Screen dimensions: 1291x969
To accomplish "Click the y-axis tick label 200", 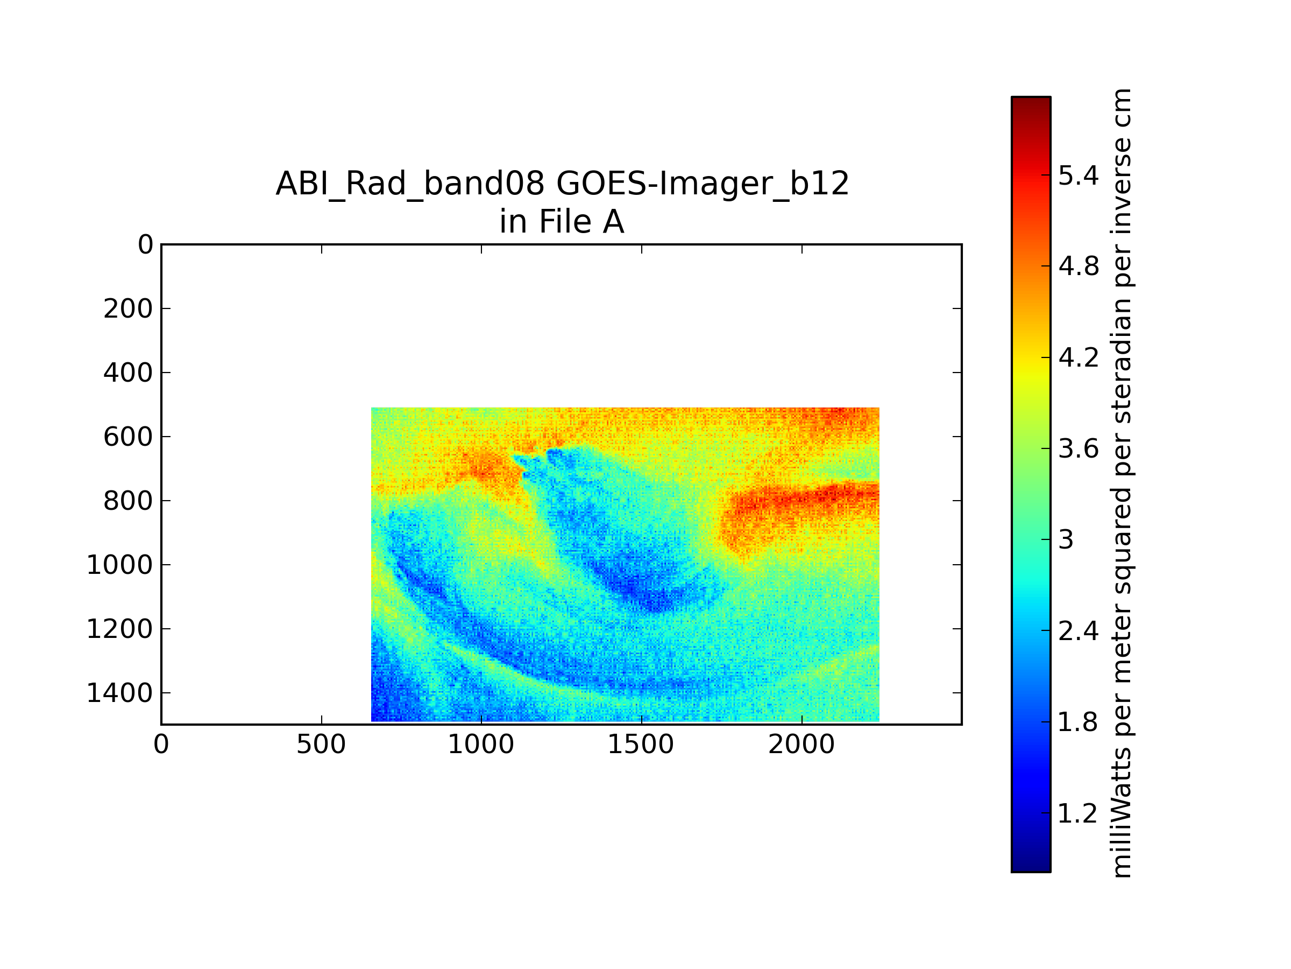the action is [128, 309].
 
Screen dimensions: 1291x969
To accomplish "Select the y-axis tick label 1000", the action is [119, 565].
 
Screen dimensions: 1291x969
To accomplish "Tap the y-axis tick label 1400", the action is [119, 693].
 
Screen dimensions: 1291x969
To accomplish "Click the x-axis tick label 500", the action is [321, 745].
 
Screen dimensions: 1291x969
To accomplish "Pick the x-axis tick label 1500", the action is [641, 745].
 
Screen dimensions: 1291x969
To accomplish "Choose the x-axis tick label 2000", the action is [801, 745].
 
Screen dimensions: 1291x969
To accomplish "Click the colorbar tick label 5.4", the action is [1079, 175].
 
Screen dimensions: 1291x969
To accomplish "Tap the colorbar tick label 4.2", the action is [1079, 357].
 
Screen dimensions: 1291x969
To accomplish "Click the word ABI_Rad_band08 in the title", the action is [410, 185].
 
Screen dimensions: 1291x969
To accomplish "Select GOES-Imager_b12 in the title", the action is [703, 185].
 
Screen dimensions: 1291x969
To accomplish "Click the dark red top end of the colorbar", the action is [1031, 102].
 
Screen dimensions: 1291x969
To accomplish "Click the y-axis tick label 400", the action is [128, 373].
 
